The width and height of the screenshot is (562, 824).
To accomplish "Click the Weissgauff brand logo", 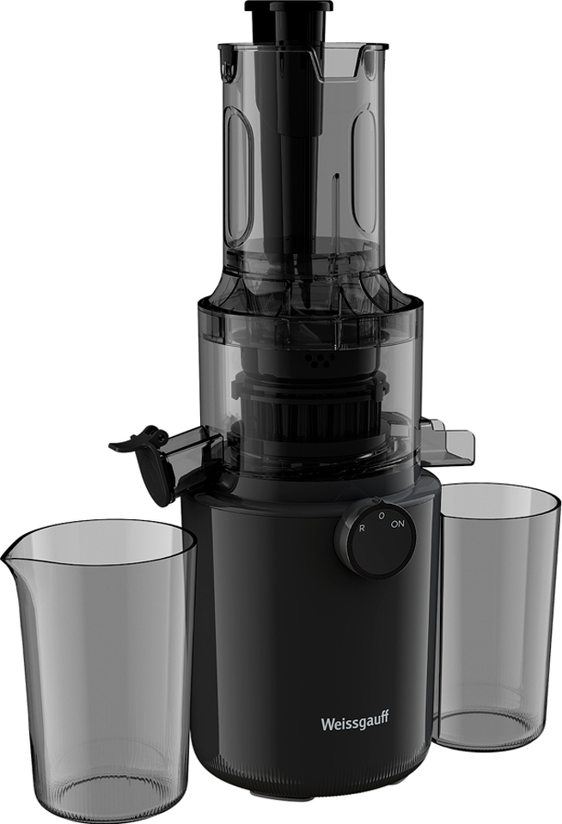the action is coord(355,722).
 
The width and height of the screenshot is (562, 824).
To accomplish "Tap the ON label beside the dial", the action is coord(397,524).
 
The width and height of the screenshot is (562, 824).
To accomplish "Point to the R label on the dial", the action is coord(362,528).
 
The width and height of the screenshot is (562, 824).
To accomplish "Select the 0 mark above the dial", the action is coord(382,516).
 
